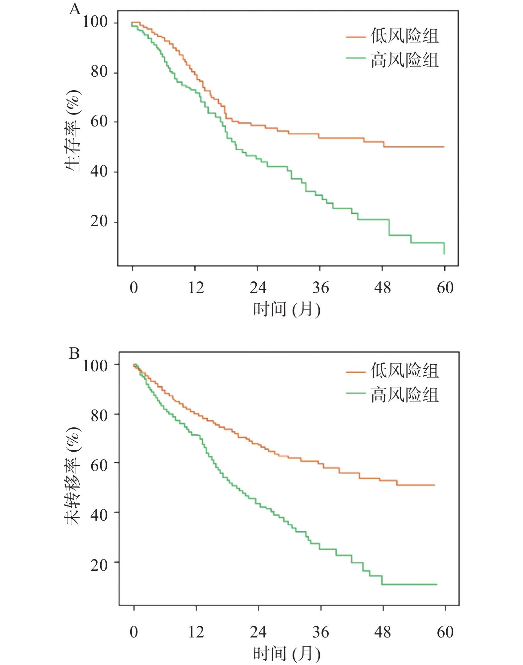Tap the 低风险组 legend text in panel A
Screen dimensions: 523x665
click(405, 36)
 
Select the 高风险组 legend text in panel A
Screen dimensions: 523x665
click(405, 60)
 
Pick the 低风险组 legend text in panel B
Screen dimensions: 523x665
click(405, 370)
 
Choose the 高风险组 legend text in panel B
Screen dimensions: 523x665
click(405, 395)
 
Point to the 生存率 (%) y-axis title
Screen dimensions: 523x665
click(73, 130)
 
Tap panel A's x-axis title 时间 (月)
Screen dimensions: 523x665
click(287, 309)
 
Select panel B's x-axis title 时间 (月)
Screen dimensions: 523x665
click(287, 653)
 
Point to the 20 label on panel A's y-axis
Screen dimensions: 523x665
click(99, 221)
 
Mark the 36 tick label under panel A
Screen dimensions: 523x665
click(320, 288)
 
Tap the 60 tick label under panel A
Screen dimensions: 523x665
click(445, 288)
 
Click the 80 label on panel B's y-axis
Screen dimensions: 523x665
click(99, 415)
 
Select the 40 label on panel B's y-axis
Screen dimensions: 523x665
click(99, 515)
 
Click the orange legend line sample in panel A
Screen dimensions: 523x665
click(356, 37)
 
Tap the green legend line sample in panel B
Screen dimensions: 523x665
click(356, 393)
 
